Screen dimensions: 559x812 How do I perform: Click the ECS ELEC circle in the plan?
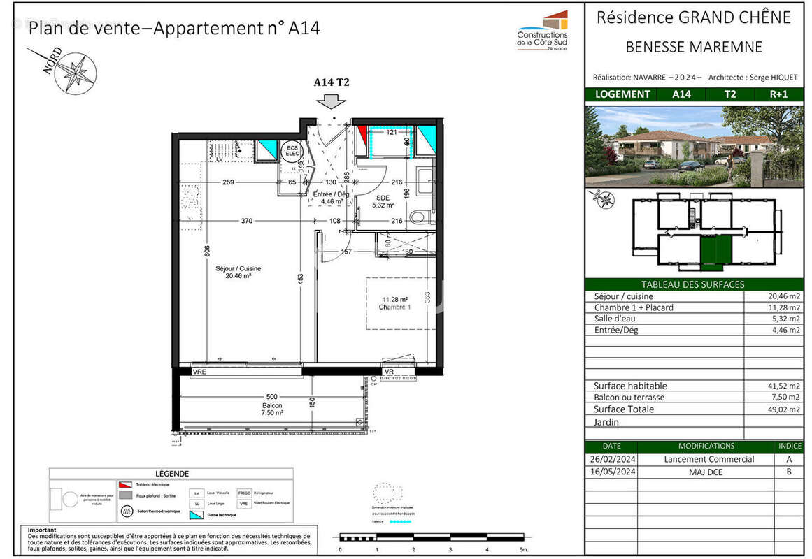pos(290,151)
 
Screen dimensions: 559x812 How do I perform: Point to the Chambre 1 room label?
pos(394,304)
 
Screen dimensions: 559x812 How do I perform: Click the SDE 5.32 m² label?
pos(383,201)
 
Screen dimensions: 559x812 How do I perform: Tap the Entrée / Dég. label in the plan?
pos(332,198)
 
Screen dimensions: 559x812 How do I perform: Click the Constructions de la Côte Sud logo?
pos(543,31)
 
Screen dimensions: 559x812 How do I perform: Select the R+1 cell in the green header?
pos(779,94)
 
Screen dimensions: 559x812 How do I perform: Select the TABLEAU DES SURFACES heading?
pos(692,284)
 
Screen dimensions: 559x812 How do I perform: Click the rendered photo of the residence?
pos(692,146)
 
